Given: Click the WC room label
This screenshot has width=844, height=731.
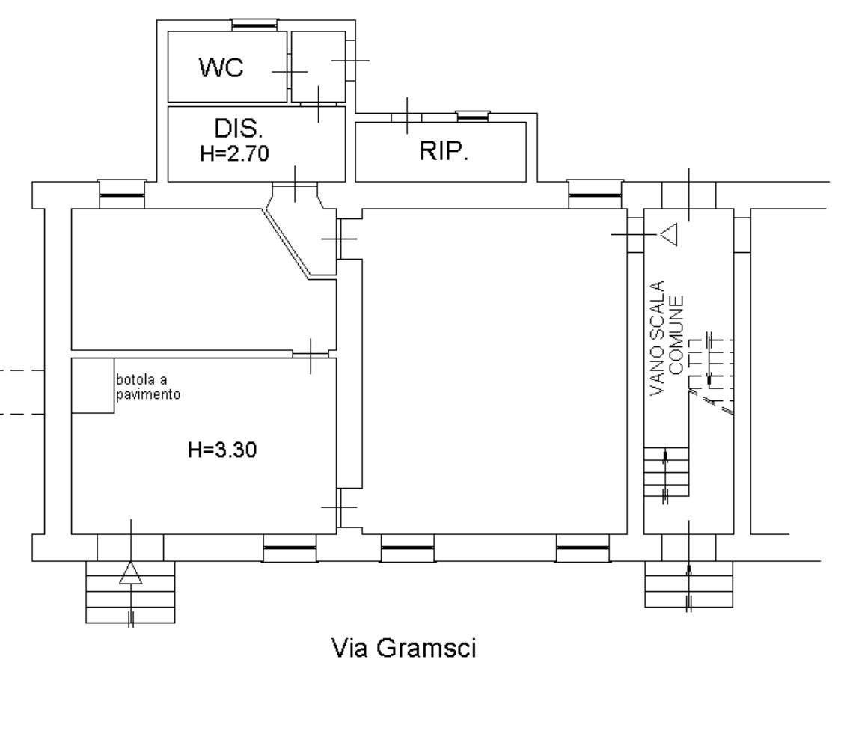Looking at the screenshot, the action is [x=221, y=67].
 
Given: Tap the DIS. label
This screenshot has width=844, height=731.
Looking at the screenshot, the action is [x=239, y=129].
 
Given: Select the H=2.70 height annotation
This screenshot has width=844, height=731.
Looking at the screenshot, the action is [x=234, y=153].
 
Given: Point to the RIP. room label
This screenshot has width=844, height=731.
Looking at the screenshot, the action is [x=444, y=151].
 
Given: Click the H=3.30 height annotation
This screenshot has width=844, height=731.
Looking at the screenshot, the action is [x=222, y=450].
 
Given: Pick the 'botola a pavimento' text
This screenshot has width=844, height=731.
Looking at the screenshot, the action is [x=148, y=387].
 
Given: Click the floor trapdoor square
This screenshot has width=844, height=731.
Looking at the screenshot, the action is [x=93, y=385].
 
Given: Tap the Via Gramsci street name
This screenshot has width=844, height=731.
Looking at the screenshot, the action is [x=404, y=647].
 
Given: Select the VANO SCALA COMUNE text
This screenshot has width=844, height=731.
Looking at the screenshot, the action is [x=667, y=339].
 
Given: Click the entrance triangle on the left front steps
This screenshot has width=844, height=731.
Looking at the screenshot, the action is [x=131, y=573].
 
